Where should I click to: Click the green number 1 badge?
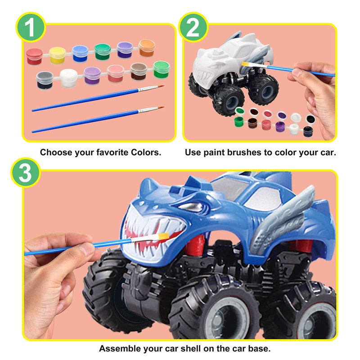(30, 27)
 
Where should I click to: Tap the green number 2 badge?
(193, 27)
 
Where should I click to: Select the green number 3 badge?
(26, 173)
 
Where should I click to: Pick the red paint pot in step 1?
(34, 56)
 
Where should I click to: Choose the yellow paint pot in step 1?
(57, 55)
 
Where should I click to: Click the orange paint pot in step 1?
(147, 48)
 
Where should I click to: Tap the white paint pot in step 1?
(69, 78)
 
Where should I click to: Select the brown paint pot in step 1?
(139, 72)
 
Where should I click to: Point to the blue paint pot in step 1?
(80, 54)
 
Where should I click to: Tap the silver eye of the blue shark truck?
(191, 207)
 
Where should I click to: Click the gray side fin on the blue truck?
(283, 218)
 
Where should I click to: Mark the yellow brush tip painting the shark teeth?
(164, 236)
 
